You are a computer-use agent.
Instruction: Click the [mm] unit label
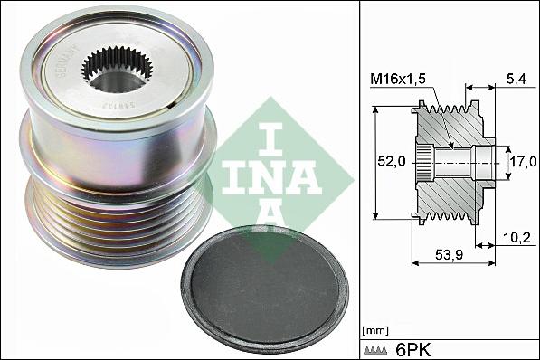point(373,329)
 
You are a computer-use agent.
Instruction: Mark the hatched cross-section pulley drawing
point(452,163)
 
